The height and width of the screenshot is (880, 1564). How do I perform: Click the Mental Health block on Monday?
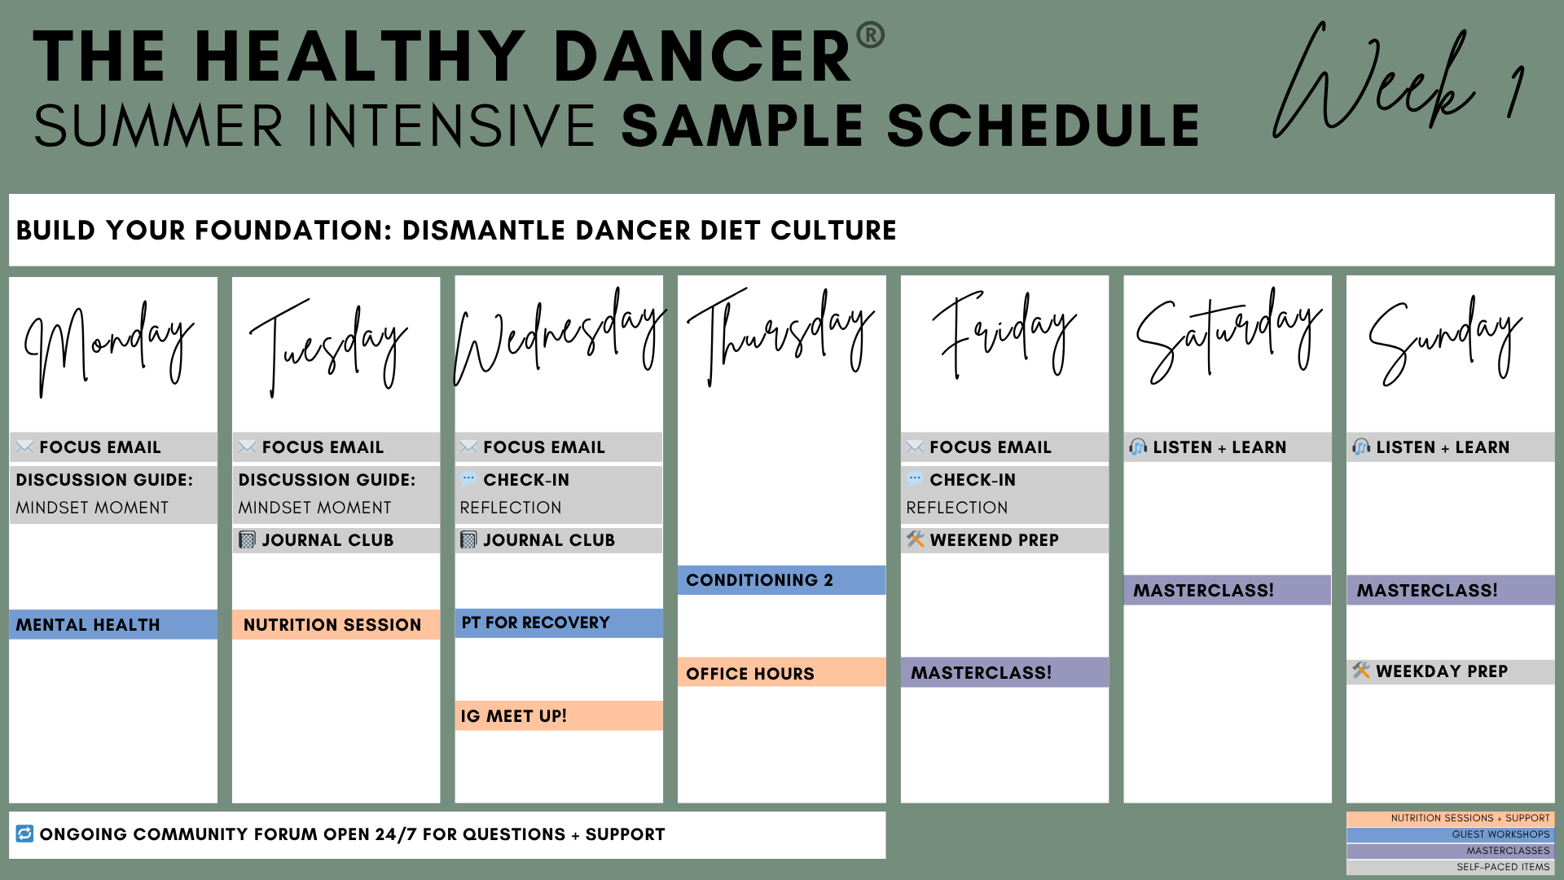[x=113, y=625]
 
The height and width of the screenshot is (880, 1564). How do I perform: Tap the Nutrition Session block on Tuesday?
[x=336, y=625]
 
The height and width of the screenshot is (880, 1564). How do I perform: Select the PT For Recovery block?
[x=559, y=623]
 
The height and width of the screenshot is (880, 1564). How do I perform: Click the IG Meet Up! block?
[x=559, y=716]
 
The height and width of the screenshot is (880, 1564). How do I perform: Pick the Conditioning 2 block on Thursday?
[x=781, y=580]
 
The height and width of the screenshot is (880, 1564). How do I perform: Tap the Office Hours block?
[x=781, y=673]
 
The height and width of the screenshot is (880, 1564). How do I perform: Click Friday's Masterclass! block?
[x=1004, y=673]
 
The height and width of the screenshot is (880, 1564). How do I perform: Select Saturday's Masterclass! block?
[x=1227, y=590]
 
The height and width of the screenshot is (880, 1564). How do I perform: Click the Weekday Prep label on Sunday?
[x=1442, y=671]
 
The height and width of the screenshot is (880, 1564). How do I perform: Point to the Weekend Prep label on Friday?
[x=994, y=540]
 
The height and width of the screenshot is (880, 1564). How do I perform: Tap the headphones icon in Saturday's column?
[x=1138, y=447]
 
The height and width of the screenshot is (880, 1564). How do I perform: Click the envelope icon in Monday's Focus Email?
[x=24, y=447]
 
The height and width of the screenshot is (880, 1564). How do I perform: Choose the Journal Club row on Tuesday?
[x=336, y=540]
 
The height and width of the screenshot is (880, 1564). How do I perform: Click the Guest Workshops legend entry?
[x=1450, y=834]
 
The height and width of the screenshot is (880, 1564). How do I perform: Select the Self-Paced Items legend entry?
[x=1450, y=867]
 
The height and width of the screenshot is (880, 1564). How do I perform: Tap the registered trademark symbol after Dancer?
[x=871, y=35]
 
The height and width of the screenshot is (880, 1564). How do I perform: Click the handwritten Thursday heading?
[x=780, y=336]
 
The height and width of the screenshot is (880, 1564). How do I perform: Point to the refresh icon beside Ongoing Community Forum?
[x=24, y=834]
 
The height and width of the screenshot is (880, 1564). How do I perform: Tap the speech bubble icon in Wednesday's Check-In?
[x=468, y=479]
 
